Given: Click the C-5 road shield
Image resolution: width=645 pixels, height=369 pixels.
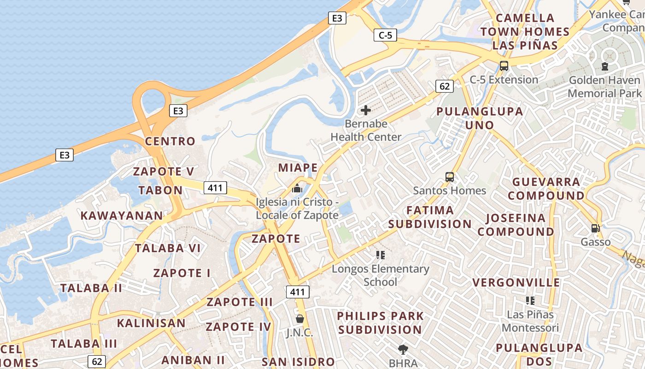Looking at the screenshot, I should [385, 35].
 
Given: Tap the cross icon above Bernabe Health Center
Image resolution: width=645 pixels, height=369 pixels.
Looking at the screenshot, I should [366, 110].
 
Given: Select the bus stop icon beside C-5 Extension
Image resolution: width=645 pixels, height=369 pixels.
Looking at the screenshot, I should [504, 65].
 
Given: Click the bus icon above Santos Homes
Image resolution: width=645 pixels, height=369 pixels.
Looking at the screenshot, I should [449, 177].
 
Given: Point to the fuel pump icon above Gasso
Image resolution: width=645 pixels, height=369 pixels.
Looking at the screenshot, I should [595, 228].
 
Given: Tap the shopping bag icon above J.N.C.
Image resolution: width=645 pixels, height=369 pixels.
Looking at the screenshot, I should [299, 319].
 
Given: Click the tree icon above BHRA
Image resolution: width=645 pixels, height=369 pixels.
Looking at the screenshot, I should [403, 349].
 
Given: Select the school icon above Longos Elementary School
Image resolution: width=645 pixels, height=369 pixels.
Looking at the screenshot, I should [380, 255].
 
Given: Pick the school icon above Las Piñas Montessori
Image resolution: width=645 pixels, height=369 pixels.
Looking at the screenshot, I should [530, 301].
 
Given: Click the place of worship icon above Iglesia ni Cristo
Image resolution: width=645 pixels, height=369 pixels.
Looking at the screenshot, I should [297, 189].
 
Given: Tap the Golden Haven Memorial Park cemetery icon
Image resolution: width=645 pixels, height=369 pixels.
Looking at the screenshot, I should [604, 66].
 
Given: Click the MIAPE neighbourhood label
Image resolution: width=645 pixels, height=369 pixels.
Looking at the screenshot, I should [298, 167].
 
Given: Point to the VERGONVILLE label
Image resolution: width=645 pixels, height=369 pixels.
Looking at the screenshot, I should [516, 282].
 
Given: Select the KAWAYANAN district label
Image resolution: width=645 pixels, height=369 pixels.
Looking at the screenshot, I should [122, 215].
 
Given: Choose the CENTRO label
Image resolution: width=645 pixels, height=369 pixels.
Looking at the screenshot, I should [170, 141].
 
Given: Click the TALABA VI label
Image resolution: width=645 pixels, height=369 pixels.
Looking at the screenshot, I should [168, 248].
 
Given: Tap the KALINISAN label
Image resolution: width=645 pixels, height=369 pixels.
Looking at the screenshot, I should [151, 323].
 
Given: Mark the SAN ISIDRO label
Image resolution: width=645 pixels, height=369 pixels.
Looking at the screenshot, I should [298, 362].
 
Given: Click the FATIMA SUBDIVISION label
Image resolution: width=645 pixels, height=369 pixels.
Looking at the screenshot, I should [430, 217].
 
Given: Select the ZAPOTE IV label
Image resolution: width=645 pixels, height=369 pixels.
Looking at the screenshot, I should [239, 327].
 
